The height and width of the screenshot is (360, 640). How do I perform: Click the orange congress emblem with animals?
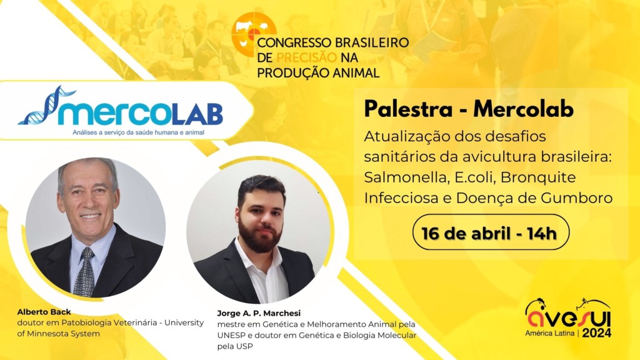coord(253,33)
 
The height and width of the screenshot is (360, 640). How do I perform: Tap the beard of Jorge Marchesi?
coord(261,238)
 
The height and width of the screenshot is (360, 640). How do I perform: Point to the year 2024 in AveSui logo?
coord(597,332)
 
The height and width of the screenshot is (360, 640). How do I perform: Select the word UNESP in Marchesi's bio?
coord(232,336)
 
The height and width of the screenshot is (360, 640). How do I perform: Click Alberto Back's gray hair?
coord(87,167)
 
